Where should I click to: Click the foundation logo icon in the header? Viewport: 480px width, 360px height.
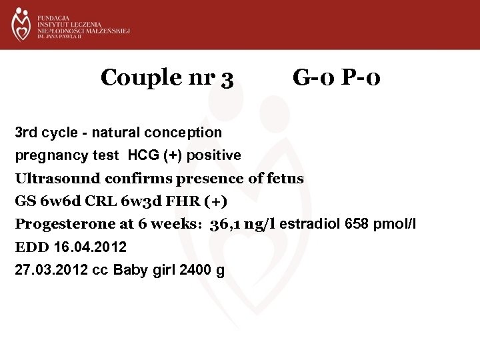(x=21, y=24)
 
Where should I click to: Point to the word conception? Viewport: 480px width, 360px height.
(x=186, y=133)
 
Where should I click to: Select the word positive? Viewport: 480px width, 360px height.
(x=215, y=155)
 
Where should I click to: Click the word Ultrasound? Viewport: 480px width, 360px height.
(x=55, y=178)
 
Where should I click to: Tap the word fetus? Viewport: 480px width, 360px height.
(x=285, y=178)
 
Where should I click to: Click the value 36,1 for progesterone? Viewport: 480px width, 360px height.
(x=225, y=224)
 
